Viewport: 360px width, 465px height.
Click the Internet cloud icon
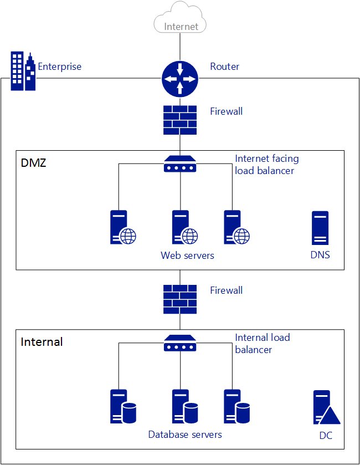tap(180, 18)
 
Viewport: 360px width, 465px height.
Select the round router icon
tap(179, 79)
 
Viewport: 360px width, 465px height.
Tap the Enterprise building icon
tap(23, 71)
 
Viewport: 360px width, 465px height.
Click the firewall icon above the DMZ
tap(179, 120)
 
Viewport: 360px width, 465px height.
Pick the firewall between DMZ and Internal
tap(179, 299)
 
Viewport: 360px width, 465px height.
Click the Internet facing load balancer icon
tap(179, 164)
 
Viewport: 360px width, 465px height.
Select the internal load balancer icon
tap(179, 343)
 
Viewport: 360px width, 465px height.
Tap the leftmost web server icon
tap(122, 227)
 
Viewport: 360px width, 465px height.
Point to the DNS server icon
tap(320, 228)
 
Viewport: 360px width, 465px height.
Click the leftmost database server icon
tap(122, 407)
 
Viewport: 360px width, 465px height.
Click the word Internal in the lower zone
tap(42, 342)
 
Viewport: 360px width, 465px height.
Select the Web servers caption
tap(187, 256)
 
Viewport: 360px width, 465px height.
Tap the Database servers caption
tap(185, 435)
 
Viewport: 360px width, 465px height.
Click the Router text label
tap(224, 67)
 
